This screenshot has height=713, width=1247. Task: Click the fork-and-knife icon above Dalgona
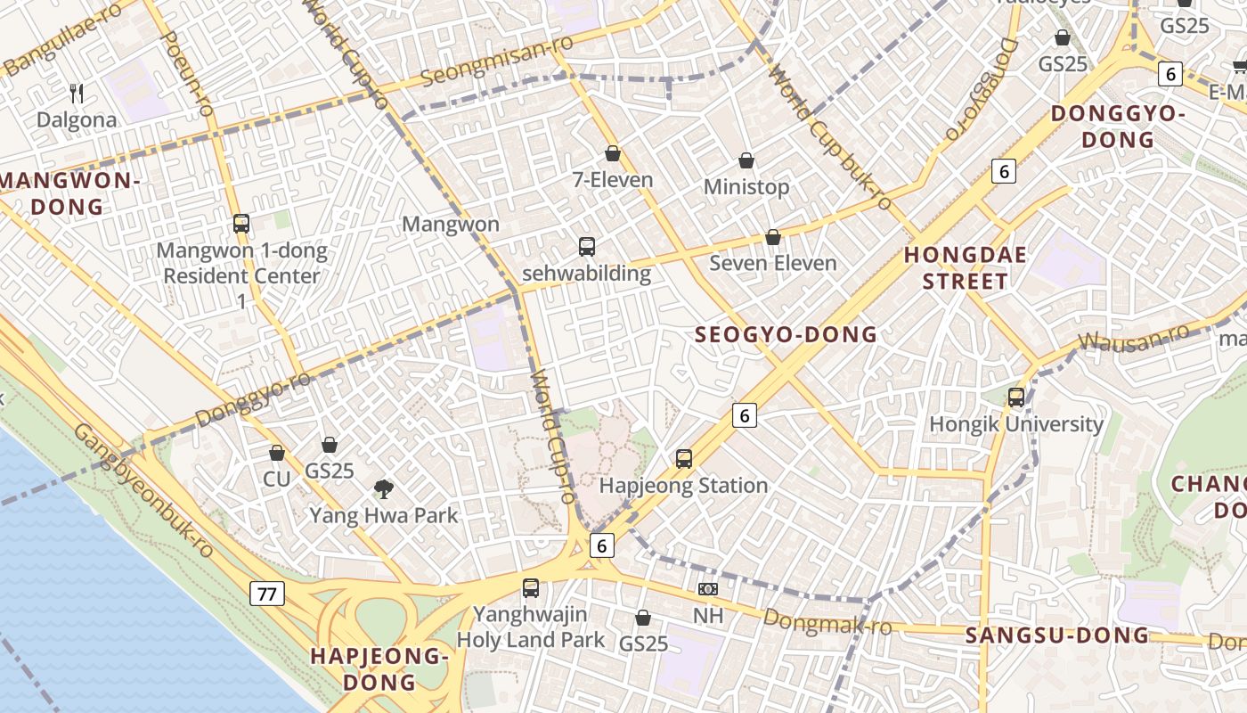77,93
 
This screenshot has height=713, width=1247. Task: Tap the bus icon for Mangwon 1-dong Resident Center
241,223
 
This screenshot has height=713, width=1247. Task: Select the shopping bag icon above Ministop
746,160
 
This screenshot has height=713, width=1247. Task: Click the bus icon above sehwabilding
586,246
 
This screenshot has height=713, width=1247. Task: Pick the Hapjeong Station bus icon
683,459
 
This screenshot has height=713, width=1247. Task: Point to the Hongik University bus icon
1016,397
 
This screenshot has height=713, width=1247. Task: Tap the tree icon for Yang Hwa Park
384,488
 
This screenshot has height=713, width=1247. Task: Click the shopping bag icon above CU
277,453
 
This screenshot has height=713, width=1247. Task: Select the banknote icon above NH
708,589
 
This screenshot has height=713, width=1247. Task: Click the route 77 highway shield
267,594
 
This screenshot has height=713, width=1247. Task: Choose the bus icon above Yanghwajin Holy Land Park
531,588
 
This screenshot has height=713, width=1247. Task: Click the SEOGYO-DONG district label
786,335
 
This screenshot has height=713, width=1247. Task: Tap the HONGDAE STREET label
966,268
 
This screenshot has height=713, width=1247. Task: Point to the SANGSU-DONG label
1057,635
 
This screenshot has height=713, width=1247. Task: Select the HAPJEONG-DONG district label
378,669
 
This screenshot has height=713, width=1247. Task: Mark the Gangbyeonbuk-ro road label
143,489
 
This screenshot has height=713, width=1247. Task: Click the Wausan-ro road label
1133,337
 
